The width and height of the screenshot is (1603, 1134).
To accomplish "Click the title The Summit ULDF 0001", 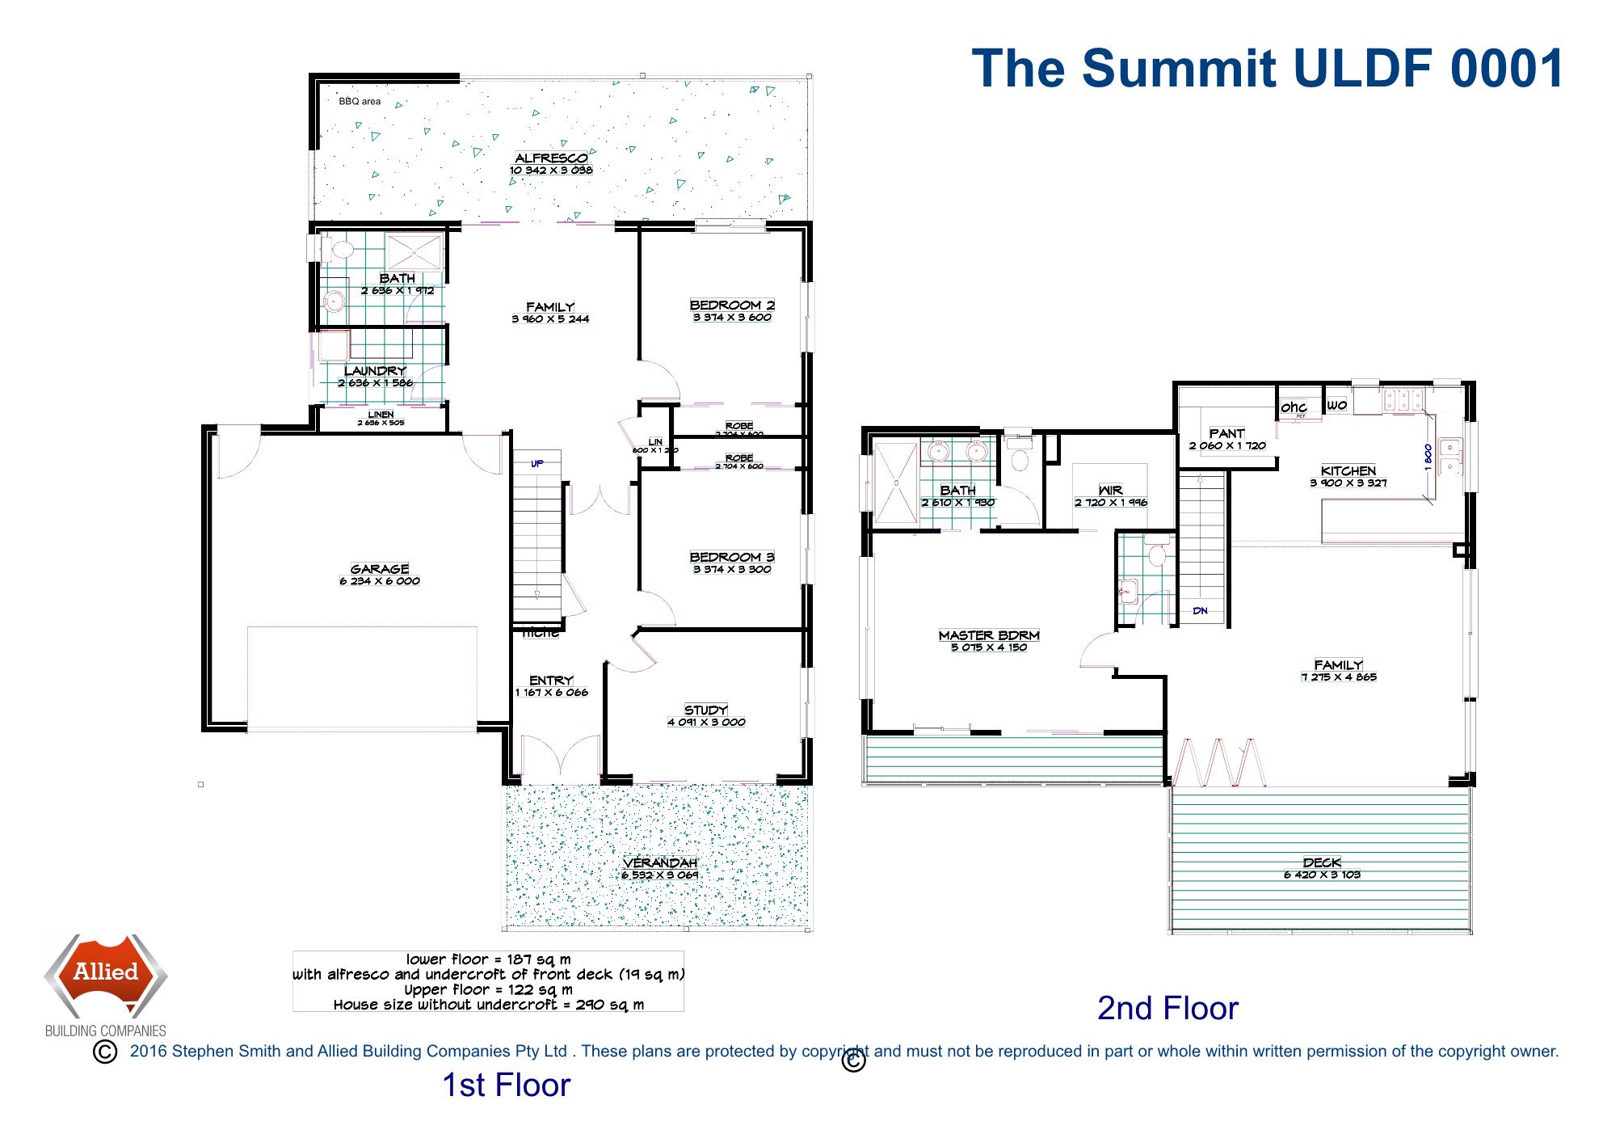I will pyautogui.click(x=1267, y=68).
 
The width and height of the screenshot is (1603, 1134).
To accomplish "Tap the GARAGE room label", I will pyautogui.click(x=380, y=569).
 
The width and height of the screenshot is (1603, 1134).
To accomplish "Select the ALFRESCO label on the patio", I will pyautogui.click(x=551, y=158).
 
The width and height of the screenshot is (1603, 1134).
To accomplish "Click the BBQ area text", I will pyautogui.click(x=360, y=102).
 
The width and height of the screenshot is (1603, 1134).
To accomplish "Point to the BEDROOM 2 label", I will pyautogui.click(x=732, y=306).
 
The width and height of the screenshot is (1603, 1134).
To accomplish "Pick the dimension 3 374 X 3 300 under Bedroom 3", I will pyautogui.click(x=732, y=570).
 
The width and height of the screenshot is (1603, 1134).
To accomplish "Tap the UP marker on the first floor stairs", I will pyautogui.click(x=537, y=464).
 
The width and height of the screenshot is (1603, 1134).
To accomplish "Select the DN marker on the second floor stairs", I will pyautogui.click(x=1200, y=611).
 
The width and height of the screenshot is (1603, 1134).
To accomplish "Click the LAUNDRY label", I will pyautogui.click(x=375, y=371).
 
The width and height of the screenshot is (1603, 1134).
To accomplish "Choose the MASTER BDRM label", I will pyautogui.click(x=989, y=635).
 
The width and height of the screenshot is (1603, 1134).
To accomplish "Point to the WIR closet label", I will pyautogui.click(x=1110, y=491).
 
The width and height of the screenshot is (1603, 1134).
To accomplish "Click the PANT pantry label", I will pyautogui.click(x=1226, y=434).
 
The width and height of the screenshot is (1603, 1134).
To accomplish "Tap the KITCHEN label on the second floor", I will pyautogui.click(x=1348, y=471).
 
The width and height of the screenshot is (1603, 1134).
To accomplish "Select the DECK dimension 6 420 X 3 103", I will pyautogui.click(x=1322, y=875).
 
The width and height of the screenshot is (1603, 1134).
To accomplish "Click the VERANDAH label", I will pyautogui.click(x=660, y=863).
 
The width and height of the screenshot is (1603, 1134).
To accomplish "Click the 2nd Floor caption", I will pyautogui.click(x=1168, y=1008).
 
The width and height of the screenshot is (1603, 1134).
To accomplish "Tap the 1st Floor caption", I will pyautogui.click(x=506, y=1085).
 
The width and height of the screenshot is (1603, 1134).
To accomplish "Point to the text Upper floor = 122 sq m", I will pyautogui.click(x=488, y=990).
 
